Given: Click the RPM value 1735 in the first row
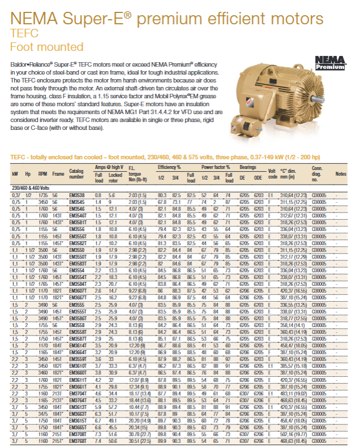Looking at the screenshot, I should (x=42, y=194).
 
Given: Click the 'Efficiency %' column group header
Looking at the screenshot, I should (x=169, y=167).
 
